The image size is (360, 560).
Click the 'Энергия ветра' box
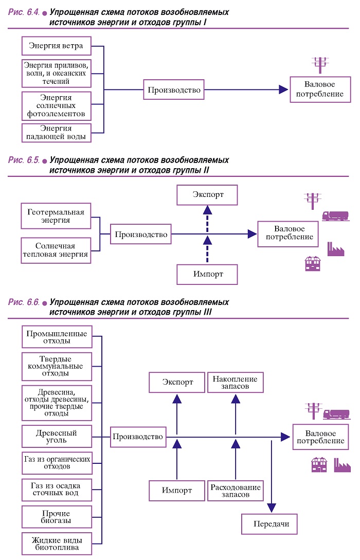[57, 46]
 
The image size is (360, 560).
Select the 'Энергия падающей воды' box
[57, 133]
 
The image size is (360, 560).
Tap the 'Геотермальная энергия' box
[56, 216]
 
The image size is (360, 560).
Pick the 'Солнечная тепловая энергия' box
[56, 250]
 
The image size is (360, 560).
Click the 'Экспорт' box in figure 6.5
[207, 195]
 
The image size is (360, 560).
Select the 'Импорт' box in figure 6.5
[207, 274]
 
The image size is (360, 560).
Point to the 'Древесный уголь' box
[57, 436]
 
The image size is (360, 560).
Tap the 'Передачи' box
[269, 524]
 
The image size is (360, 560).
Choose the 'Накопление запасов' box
[236, 383]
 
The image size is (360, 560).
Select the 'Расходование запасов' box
[236, 491]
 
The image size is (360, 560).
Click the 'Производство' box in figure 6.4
[174, 89]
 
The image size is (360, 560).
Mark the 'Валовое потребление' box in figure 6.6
[320, 437]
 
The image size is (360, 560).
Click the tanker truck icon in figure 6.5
[335, 215]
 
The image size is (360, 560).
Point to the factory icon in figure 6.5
[336, 249]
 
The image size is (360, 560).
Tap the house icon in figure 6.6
[319, 465]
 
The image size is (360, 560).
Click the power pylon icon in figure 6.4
[320, 65]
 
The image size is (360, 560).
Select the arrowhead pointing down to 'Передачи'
[272, 508]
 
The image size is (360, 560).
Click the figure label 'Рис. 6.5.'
[24, 160]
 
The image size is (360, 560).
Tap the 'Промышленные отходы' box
[57, 337]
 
